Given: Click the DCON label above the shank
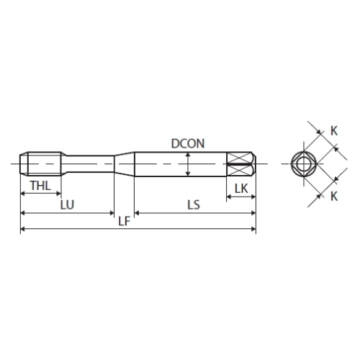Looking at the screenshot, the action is click(x=188, y=143).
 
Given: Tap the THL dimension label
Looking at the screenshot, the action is click(x=40, y=186).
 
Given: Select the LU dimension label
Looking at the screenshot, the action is click(x=67, y=204).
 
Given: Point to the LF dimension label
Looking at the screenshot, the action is click(x=125, y=221).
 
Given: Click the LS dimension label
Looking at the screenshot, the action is click(x=194, y=204).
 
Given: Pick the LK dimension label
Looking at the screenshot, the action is click(x=241, y=189).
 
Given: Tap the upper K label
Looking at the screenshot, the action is click(x=334, y=131).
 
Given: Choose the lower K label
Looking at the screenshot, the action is click(x=334, y=197).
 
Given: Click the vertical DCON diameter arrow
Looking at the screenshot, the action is click(x=188, y=164).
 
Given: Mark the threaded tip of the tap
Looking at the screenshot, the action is click(x=40, y=164).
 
